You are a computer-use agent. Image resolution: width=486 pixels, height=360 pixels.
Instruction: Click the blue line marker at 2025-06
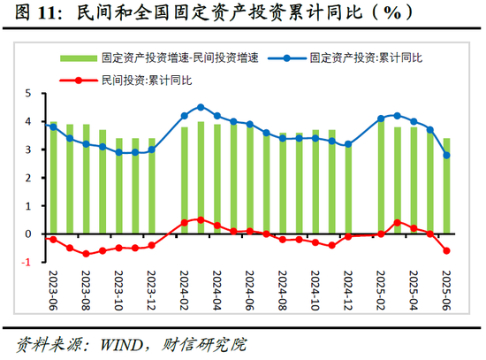446,155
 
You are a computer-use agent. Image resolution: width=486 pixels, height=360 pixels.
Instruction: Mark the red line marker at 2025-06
446,250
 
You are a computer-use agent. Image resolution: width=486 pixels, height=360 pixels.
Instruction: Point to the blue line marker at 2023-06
53,126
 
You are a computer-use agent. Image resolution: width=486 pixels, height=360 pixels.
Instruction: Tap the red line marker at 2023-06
53,240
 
